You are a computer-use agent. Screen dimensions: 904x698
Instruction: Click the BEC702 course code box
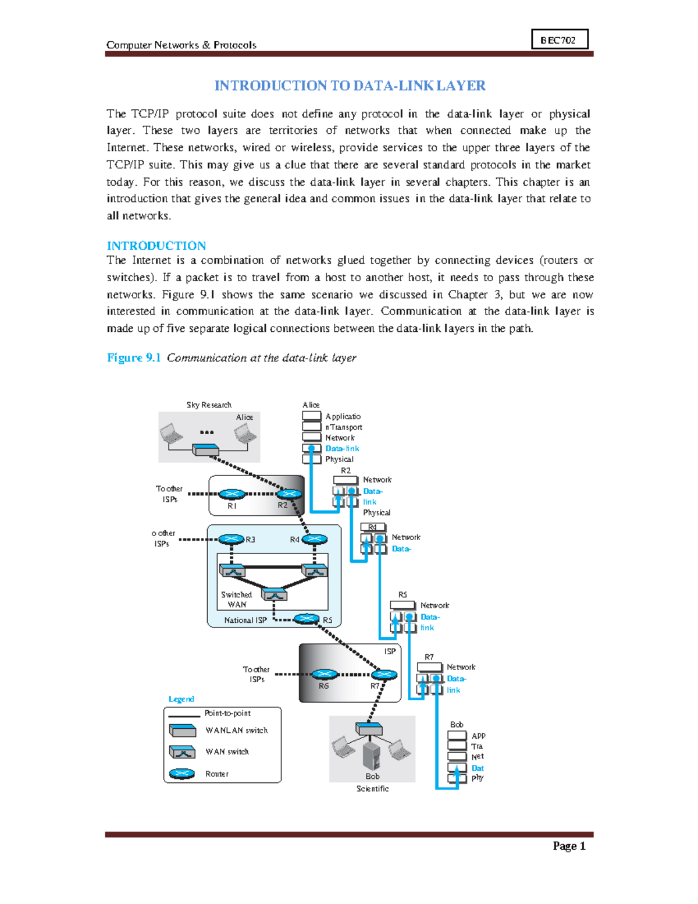[559, 40]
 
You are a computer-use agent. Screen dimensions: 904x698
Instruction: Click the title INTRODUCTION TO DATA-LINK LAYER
[350, 86]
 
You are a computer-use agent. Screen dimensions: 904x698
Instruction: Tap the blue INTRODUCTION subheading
[156, 246]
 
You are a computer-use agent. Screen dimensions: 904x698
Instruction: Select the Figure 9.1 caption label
[134, 357]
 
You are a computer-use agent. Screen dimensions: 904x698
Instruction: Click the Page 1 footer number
[568, 846]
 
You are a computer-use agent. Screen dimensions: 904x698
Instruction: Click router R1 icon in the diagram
[233, 494]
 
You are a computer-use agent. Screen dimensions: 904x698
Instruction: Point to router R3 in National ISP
[231, 539]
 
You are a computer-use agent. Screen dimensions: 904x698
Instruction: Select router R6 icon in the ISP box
[325, 675]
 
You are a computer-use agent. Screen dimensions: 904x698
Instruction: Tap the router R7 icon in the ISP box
[384, 675]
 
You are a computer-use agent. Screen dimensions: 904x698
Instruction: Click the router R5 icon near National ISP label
[307, 618]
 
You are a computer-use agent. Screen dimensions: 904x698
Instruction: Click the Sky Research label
[209, 405]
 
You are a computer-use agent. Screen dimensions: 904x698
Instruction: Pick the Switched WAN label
[236, 600]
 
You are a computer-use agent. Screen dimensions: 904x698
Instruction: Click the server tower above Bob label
[371, 755]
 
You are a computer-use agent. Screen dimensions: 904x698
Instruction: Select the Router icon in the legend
[181, 774]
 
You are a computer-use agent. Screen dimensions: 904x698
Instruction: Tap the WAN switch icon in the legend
[182, 752]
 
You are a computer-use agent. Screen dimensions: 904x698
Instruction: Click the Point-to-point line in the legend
[184, 716]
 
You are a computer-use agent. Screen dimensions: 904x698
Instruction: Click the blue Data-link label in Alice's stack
[342, 448]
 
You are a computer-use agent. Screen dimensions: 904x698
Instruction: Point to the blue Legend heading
[181, 699]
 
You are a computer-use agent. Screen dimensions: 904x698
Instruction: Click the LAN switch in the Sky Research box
[205, 450]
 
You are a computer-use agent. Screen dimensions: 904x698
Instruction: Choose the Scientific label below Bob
[372, 789]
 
